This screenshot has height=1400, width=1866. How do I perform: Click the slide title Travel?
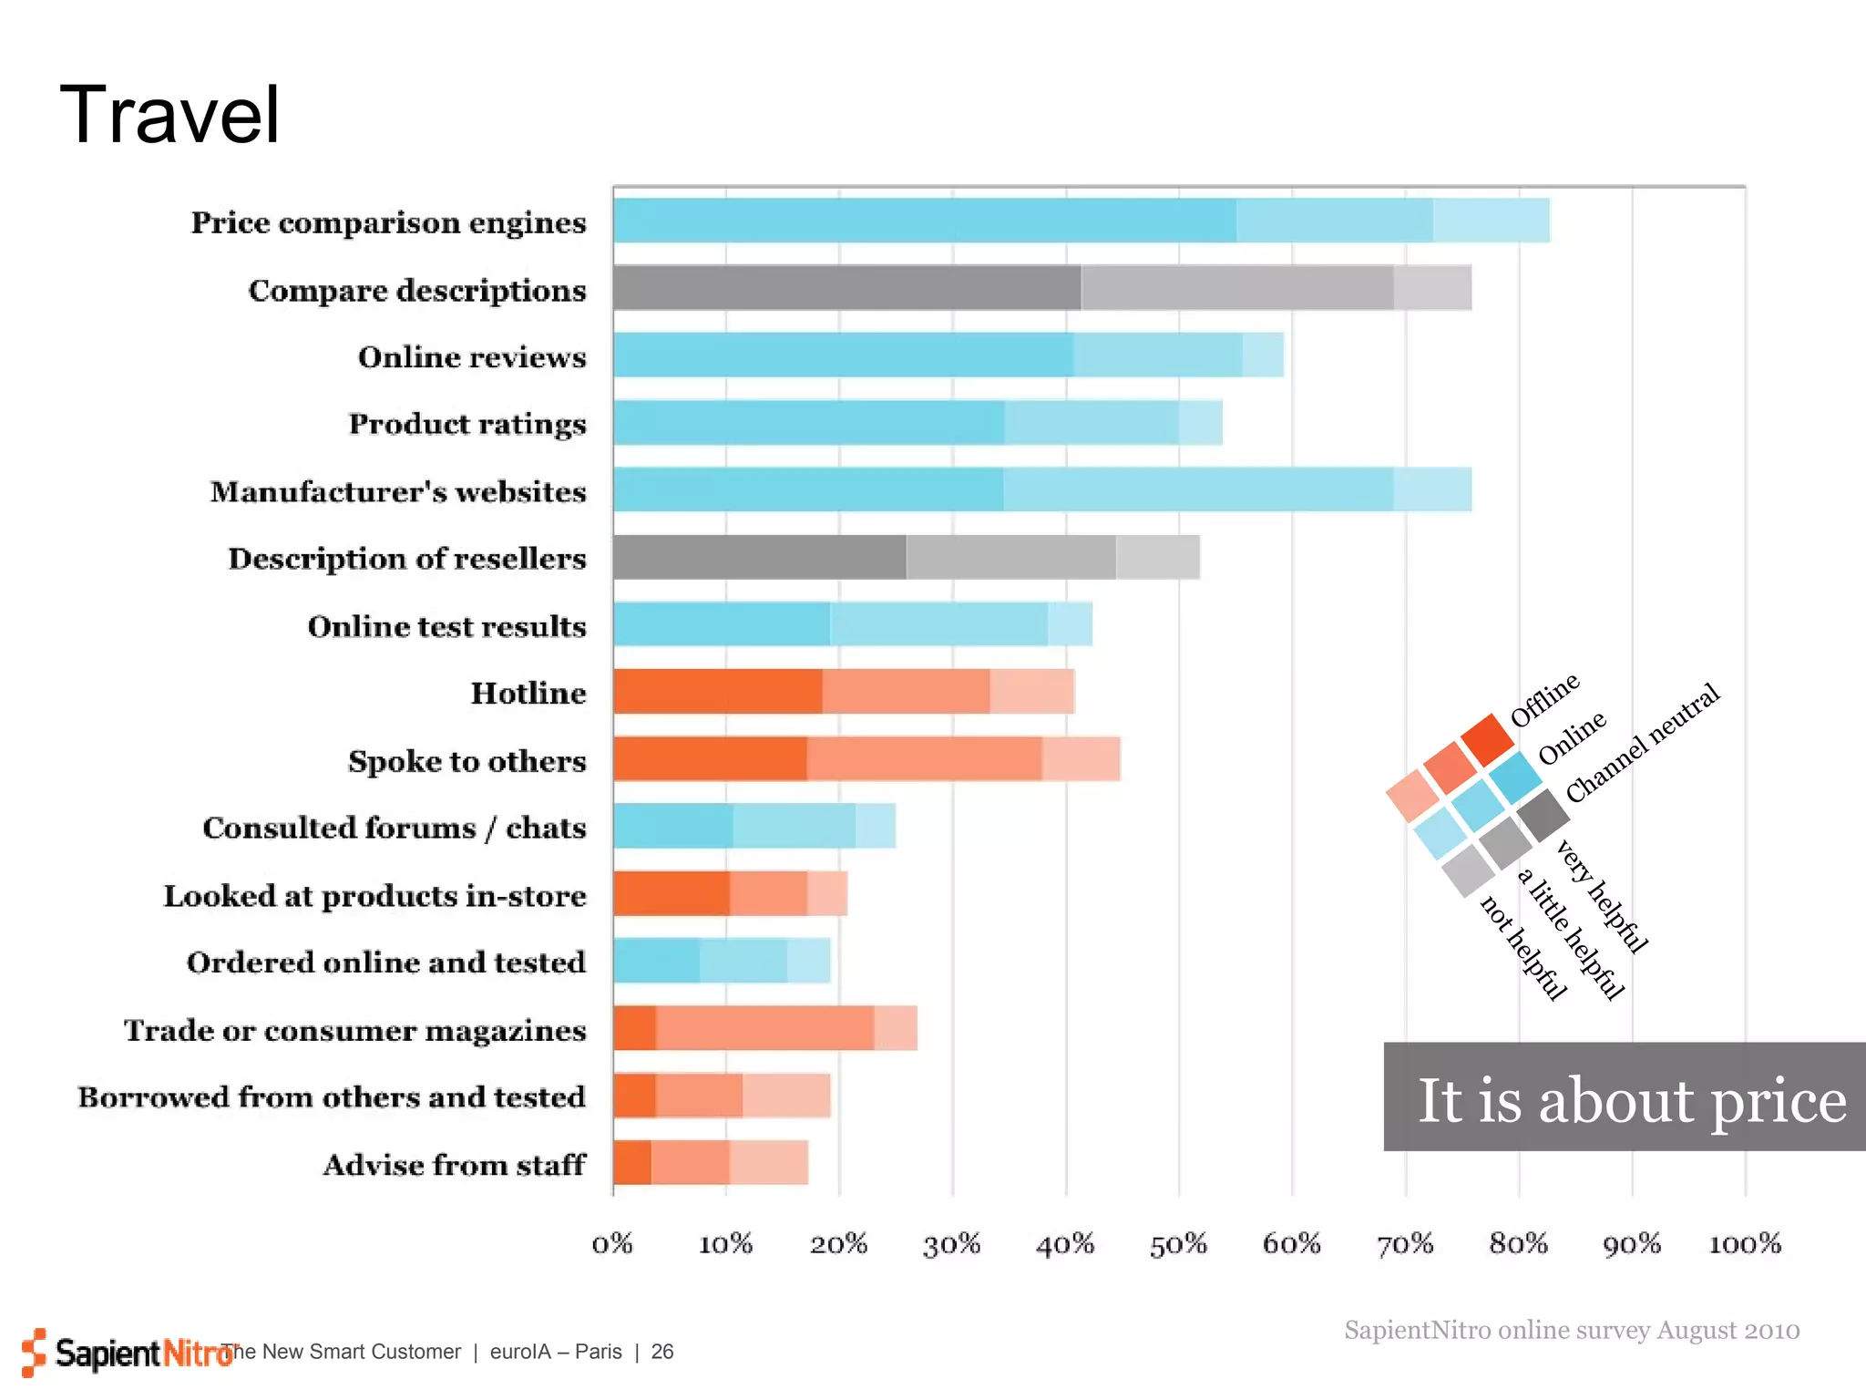point(169,115)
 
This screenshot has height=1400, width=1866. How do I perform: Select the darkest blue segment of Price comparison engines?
point(924,221)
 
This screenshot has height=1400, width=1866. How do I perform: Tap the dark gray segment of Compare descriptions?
point(846,288)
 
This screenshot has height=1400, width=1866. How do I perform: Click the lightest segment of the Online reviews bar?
point(1262,355)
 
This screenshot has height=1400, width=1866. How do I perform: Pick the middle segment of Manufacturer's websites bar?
point(1197,489)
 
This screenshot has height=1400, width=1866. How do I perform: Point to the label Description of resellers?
point(406,558)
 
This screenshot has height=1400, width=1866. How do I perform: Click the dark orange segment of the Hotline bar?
point(717,692)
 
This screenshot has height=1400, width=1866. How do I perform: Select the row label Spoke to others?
point(466,760)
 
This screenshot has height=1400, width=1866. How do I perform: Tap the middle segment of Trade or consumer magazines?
point(764,1028)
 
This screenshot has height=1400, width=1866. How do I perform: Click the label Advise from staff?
point(454,1164)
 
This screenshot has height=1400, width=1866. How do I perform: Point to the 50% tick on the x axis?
point(1178,1243)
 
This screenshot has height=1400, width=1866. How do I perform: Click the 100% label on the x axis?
point(1744,1243)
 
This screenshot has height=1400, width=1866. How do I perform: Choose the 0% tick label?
point(612,1243)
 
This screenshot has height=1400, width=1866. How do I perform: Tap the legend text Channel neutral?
point(1642,743)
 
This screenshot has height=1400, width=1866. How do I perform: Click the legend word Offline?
point(1544,700)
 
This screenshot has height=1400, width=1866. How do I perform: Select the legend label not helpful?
point(1523,948)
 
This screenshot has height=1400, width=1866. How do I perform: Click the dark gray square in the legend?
point(1542,815)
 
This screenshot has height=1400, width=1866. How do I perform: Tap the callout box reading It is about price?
point(1625,1096)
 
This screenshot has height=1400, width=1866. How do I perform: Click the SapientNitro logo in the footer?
point(128,1353)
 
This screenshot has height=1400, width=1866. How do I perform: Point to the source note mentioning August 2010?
point(1571,1330)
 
